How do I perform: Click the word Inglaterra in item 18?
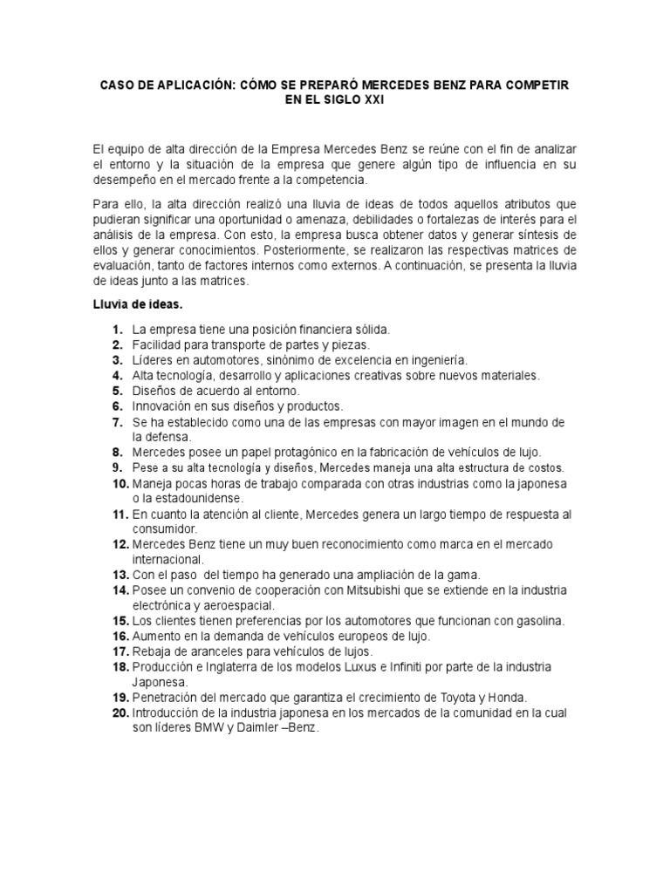[227, 667]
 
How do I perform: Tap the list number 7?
[117, 422]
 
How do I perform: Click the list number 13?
[120, 575]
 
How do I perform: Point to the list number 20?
[120, 712]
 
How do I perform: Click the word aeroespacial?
[236, 605]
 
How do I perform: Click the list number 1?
[117, 330]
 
